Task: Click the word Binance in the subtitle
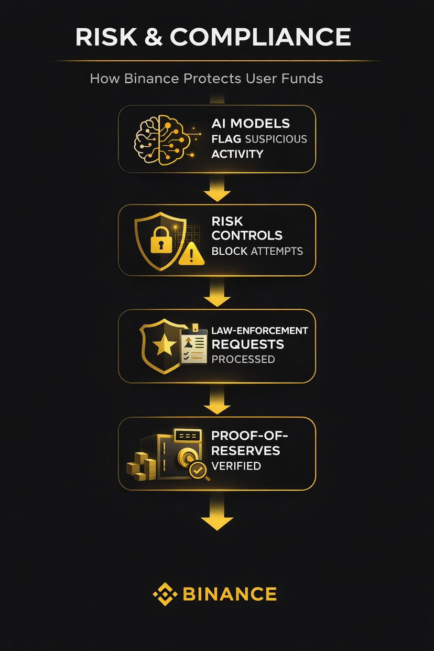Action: (x=147, y=79)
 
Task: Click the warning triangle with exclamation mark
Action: (x=192, y=254)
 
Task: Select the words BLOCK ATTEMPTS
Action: (x=257, y=251)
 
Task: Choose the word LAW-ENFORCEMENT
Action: (x=259, y=331)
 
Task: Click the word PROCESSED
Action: (x=243, y=359)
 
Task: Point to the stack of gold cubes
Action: (x=142, y=466)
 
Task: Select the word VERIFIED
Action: (x=236, y=465)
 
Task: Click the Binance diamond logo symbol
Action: (x=165, y=594)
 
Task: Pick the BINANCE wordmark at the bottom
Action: (x=230, y=594)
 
